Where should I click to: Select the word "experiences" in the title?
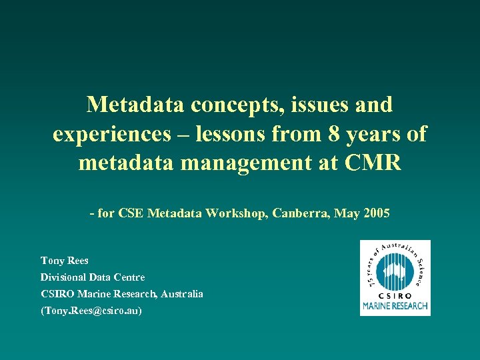pyautogui.click(x=113, y=134)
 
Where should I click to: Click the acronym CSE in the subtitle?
pyautogui.click(x=130, y=214)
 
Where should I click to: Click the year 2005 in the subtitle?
pyautogui.click(x=375, y=214)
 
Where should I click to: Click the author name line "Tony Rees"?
pyautogui.click(x=65, y=261)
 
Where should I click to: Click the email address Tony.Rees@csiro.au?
pyautogui.click(x=91, y=311)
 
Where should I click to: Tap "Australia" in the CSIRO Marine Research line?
pyautogui.click(x=180, y=294)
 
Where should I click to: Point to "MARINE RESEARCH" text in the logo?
pyautogui.click(x=395, y=307)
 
